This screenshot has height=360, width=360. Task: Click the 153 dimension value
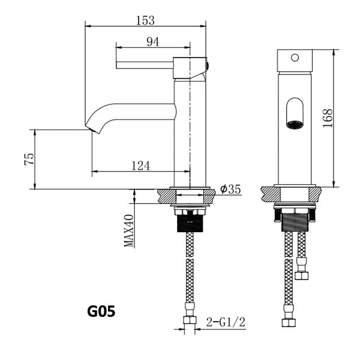point(145,20)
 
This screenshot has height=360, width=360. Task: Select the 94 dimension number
point(152,42)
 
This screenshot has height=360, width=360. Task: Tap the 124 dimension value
point(141,166)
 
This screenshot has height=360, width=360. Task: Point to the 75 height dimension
point(29,159)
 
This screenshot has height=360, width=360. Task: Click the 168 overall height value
point(328,118)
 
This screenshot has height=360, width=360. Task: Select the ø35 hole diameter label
point(230,189)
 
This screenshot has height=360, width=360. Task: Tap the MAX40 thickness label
point(128,230)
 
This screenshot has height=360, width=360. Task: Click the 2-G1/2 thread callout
point(226,322)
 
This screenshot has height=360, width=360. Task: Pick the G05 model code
point(101,311)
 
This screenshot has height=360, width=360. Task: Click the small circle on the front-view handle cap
point(295,58)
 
